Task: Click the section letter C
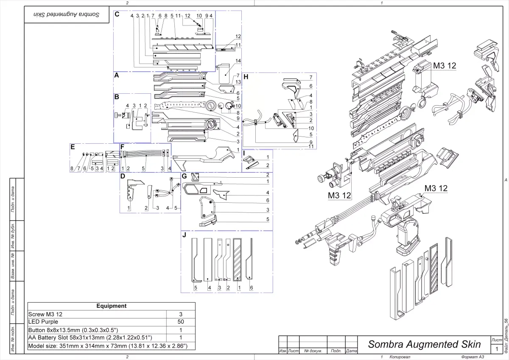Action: pos(117,14)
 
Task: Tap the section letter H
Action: pos(246,77)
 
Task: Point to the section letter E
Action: pos(73,147)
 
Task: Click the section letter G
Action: pos(184,176)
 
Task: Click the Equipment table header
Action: pos(111,306)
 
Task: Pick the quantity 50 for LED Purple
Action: pos(181,322)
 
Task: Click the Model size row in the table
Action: pos(111,346)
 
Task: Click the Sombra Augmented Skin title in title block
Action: pos(424,344)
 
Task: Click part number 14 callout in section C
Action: pos(238,61)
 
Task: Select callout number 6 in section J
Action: pos(252,288)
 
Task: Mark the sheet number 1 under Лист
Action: pos(497,349)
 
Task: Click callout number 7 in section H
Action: pos(310,78)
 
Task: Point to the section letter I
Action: pos(244,153)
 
